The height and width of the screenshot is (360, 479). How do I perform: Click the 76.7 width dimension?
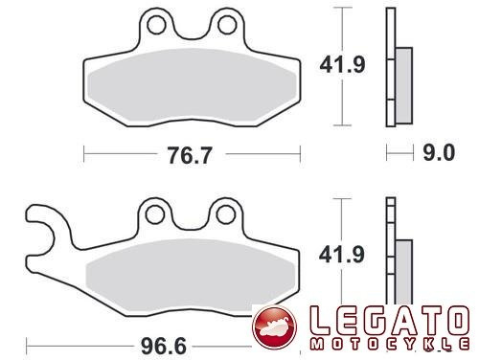click(x=190, y=155)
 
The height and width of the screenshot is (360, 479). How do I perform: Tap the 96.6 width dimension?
click(x=163, y=346)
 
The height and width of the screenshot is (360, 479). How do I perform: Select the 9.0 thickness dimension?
click(x=439, y=152)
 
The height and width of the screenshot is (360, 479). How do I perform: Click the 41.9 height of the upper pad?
click(x=342, y=65)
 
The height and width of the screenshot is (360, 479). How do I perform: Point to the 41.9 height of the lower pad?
click(x=342, y=255)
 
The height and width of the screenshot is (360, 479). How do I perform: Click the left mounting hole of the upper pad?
click(x=157, y=25)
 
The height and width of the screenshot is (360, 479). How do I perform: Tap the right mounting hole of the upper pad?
click(x=227, y=25)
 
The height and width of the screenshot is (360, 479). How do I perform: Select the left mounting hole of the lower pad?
click(x=155, y=214)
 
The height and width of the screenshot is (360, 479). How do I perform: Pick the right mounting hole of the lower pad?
click(x=225, y=214)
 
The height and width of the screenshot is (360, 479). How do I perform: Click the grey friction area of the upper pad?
click(x=193, y=85)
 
